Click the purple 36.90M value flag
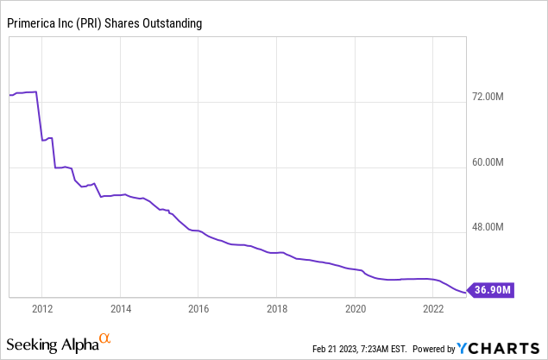[x=490, y=290]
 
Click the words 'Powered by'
[x=434, y=349]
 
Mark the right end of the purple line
[x=465, y=292]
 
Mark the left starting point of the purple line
[x=9, y=95]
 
